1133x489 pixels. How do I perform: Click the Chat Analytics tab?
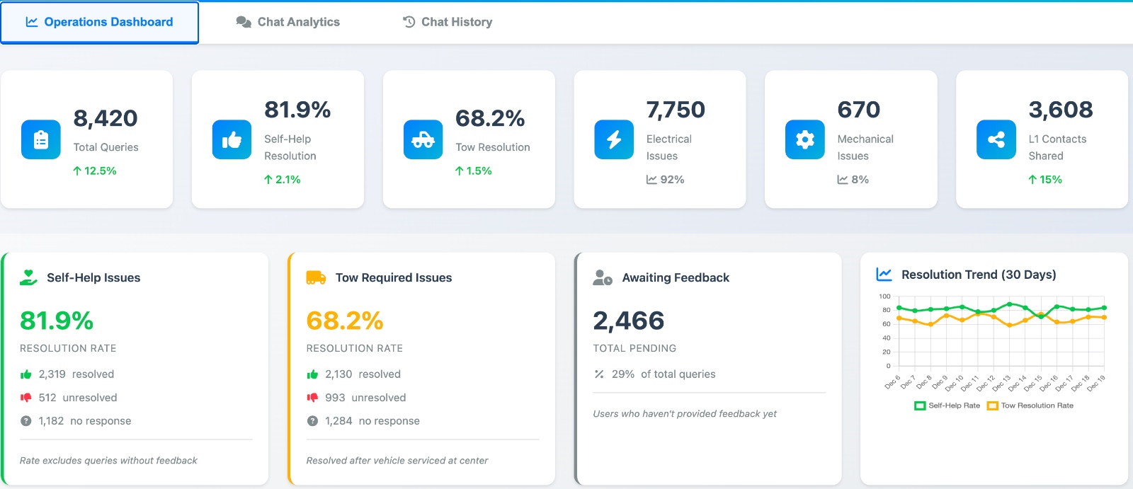point(288,22)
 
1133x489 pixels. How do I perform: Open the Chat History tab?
point(448,22)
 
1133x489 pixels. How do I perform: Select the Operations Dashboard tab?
point(100,22)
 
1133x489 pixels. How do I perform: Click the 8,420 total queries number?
point(106,118)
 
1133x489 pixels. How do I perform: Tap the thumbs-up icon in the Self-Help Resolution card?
point(232,139)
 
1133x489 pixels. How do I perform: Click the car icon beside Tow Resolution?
point(423,139)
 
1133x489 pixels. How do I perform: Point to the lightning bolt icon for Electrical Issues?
point(614,139)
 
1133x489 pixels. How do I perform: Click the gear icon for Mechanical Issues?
point(805,139)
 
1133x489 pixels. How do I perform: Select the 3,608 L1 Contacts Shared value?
point(1060,110)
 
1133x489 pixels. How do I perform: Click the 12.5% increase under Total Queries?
point(95,171)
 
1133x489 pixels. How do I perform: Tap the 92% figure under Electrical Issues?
point(671,179)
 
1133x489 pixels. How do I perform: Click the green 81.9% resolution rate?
point(57,321)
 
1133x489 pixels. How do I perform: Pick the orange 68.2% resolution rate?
point(345,321)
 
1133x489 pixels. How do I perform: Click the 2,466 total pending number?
point(629,321)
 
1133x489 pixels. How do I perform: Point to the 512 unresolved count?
point(47,398)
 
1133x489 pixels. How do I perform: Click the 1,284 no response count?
point(338,421)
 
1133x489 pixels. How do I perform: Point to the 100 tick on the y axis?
point(884,297)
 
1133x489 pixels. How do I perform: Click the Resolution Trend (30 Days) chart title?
point(978,275)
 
